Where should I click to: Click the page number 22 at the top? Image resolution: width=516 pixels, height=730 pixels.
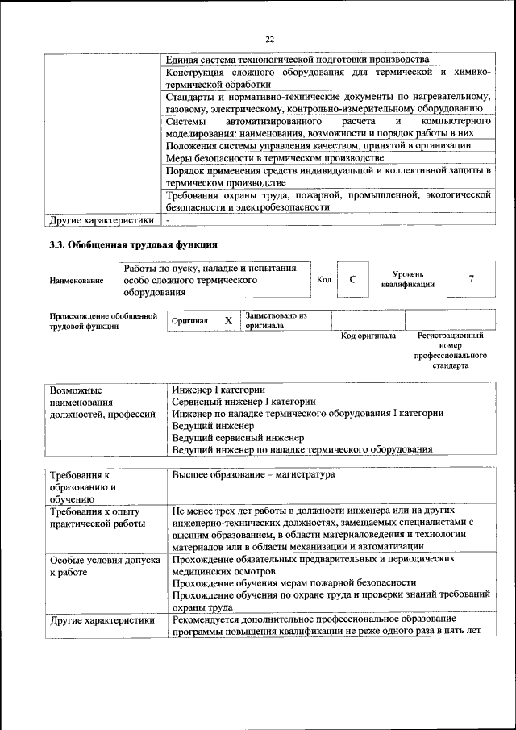click(x=268, y=38)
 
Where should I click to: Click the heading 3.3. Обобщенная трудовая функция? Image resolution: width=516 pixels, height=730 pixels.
click(x=133, y=245)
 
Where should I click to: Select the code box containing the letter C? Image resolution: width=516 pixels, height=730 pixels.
click(x=352, y=279)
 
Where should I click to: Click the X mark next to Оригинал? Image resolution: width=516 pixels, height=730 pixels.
click(x=228, y=321)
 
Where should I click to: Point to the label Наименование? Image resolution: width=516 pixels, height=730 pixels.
click(x=77, y=280)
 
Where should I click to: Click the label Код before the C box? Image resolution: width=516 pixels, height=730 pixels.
click(x=324, y=280)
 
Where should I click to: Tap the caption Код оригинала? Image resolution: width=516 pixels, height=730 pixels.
click(x=368, y=336)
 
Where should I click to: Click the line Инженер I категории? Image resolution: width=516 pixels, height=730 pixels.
click(x=218, y=390)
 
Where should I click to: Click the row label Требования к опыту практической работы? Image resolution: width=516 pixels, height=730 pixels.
click(x=95, y=517)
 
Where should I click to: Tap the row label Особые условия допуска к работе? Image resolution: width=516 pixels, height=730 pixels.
click(x=102, y=565)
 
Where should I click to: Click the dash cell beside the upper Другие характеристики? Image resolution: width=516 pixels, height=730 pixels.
click(x=168, y=219)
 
